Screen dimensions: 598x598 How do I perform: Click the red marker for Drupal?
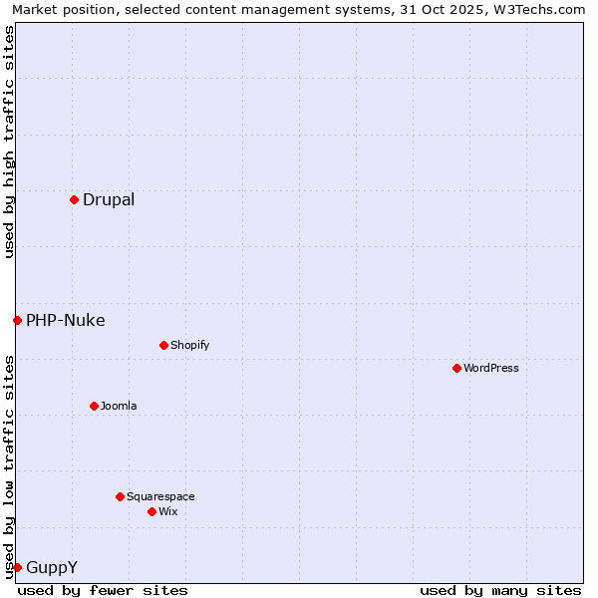[74, 199]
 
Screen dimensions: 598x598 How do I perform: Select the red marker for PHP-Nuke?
[17, 320]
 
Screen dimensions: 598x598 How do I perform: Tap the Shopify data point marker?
[163, 345]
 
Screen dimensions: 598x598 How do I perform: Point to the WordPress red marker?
[456, 368]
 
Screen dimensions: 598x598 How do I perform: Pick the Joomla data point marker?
[94, 406]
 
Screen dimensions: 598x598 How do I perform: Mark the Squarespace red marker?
[120, 496]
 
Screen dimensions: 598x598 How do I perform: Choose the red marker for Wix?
[151, 511]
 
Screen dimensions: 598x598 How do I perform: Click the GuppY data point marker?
[17, 567]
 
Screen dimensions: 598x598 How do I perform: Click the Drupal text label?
[109, 199]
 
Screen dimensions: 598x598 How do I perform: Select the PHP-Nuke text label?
[66, 320]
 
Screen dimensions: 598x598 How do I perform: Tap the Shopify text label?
[189, 345]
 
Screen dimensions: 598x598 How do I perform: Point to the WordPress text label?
[491, 368]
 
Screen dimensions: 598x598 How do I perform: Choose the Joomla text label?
[119, 406]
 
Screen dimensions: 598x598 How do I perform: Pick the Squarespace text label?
[160, 496]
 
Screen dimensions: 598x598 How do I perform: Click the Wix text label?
[168, 511]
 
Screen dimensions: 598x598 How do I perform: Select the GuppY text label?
[52, 567]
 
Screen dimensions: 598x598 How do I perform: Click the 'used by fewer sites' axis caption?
[103, 590]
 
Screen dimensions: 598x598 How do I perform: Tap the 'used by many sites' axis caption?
[500, 590]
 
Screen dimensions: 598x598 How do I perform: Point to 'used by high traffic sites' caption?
[9, 142]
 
